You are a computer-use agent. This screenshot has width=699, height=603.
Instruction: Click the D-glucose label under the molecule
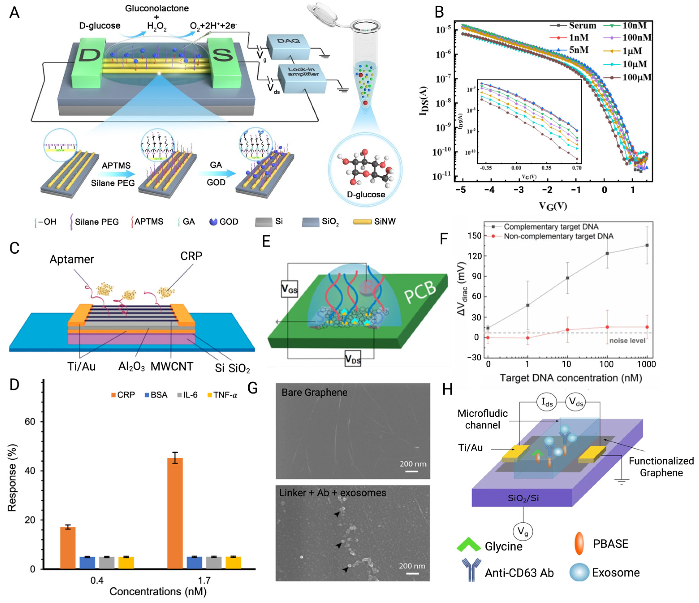point(366,195)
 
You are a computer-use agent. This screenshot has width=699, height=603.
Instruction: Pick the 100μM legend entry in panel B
point(637,77)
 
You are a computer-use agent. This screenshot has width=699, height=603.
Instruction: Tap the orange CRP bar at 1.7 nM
point(175,513)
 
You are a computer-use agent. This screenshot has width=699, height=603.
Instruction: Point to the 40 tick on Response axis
point(30,471)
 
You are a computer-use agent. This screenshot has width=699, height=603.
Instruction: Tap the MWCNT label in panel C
point(172,366)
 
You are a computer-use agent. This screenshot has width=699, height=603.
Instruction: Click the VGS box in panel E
point(289,289)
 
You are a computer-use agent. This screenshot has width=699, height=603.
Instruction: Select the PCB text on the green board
point(420,292)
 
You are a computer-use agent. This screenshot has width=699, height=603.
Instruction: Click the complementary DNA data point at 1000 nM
point(647,245)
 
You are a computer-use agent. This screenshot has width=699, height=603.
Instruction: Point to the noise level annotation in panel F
point(627,340)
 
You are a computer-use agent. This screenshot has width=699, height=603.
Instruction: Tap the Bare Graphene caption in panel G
point(314,392)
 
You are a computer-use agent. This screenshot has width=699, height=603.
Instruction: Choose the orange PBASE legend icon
point(579,544)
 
